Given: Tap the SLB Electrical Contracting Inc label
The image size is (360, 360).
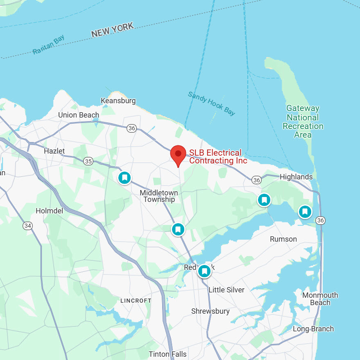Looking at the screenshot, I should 218,157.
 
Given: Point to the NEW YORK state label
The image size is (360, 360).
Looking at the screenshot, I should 113,30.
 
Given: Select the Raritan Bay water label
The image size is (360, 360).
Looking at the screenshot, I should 49,45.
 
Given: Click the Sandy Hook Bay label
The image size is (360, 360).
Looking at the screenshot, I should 211,103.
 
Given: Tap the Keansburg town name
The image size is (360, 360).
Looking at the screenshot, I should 118,101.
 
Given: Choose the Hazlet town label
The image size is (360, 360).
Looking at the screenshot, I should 54,151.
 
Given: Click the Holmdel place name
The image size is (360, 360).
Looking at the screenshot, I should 49,211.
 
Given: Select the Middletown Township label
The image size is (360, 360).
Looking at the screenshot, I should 159,196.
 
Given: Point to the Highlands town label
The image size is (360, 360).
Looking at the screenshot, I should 296,177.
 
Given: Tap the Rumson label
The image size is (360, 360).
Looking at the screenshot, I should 283,239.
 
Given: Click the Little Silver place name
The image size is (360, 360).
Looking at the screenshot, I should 226,290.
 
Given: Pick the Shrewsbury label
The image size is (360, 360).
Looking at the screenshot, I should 211,311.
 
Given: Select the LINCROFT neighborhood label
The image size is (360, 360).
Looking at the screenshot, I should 136,301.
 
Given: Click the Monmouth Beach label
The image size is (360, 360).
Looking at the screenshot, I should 320,299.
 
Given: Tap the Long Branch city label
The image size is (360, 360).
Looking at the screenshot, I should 313,329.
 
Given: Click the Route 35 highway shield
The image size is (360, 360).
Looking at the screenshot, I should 88,161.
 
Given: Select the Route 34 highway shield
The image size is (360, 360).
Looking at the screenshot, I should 27,225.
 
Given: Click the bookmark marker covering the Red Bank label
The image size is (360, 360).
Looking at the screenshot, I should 204,271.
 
